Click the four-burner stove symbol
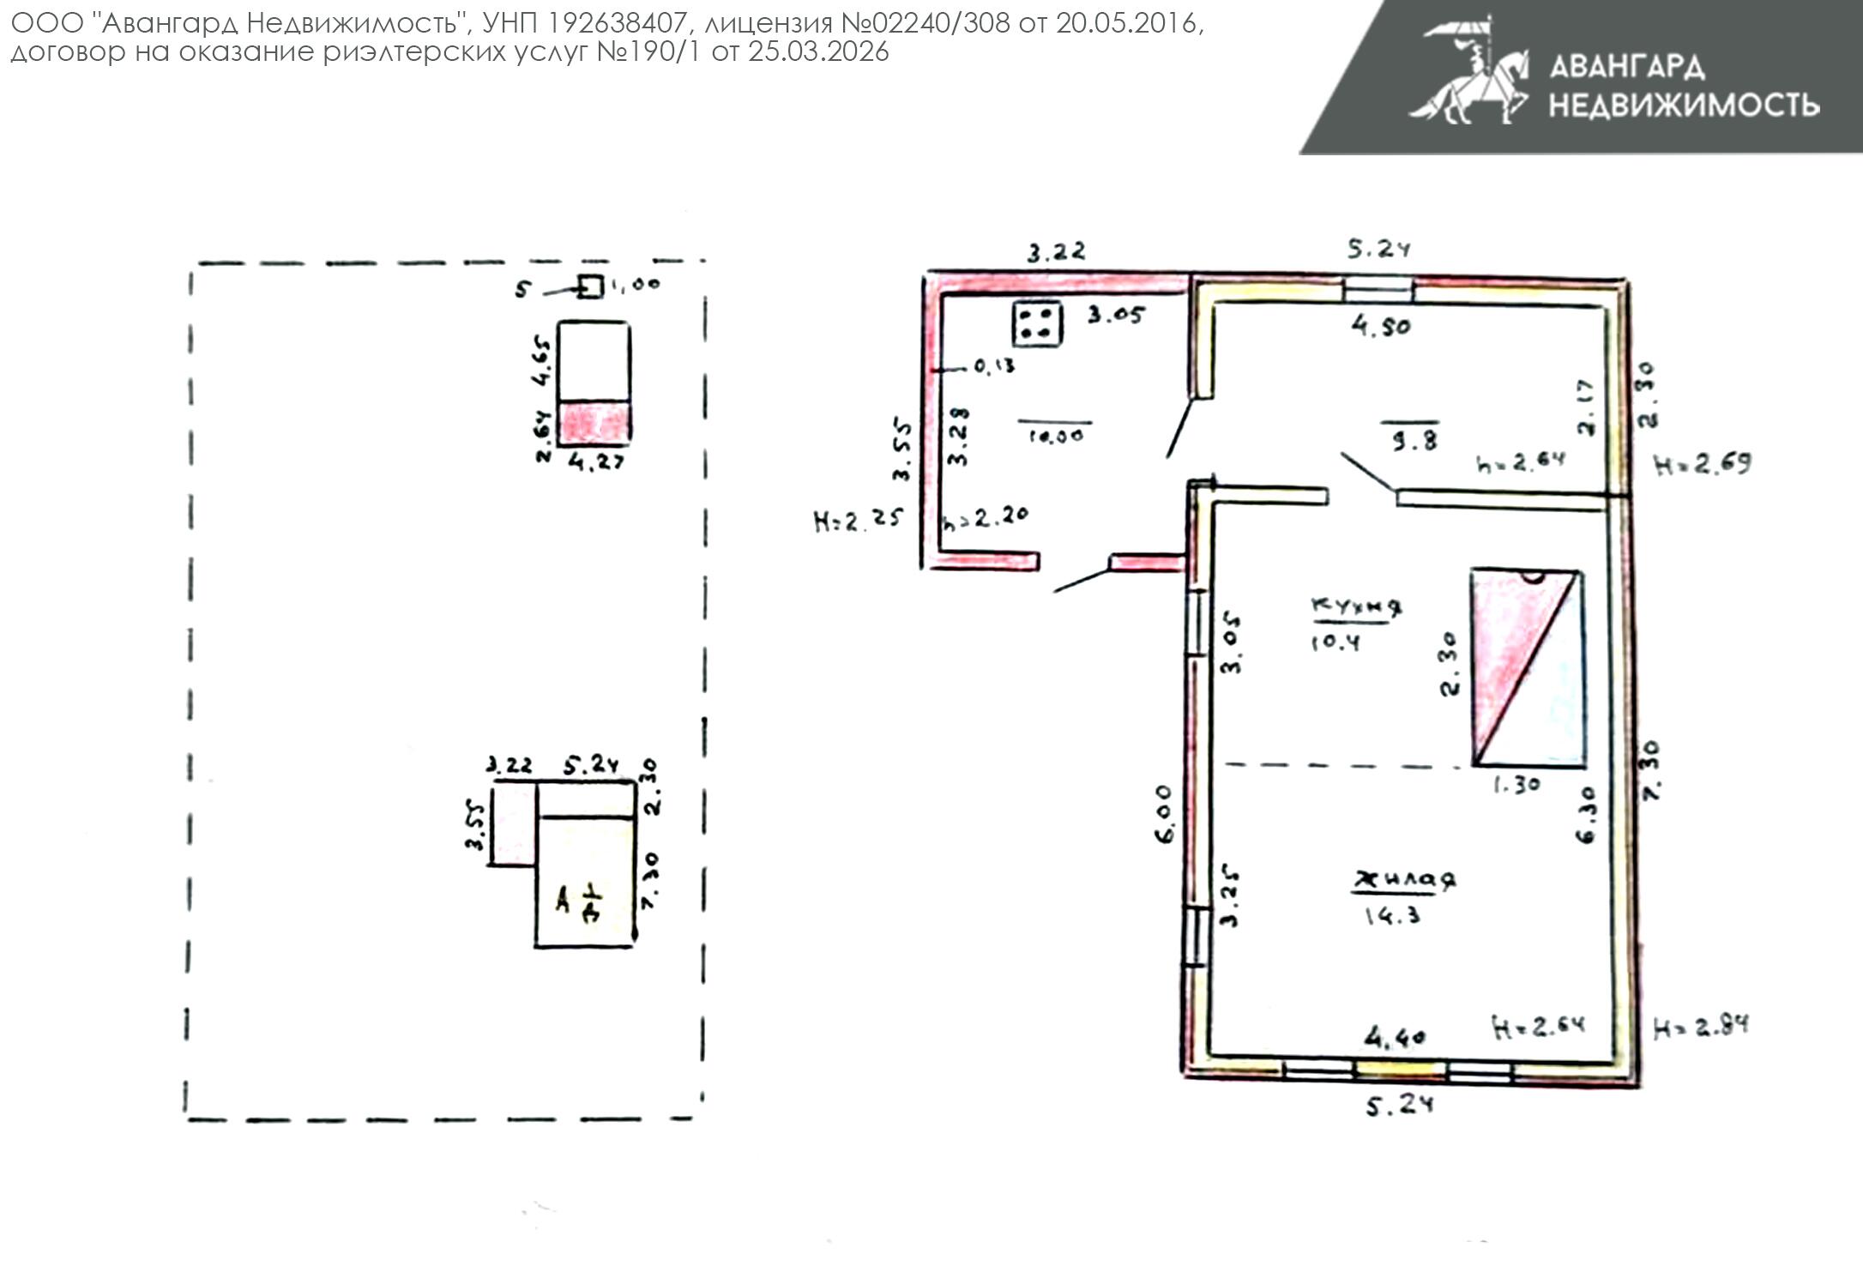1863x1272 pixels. (1037, 324)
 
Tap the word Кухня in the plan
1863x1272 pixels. (1356, 606)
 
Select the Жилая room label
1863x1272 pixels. (1404, 880)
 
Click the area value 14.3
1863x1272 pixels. (1391, 916)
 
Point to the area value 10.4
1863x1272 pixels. (1335, 642)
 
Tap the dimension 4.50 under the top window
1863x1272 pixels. (1380, 327)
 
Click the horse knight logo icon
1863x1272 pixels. (1469, 73)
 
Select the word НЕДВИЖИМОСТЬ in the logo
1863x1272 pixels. (1684, 105)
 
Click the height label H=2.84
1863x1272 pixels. (1700, 1027)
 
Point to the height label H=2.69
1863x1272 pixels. (1702, 465)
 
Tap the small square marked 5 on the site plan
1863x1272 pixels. (589, 286)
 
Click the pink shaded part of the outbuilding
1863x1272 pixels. (594, 422)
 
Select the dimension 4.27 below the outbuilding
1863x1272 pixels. (596, 463)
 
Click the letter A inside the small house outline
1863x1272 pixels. (563, 901)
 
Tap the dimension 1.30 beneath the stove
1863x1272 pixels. (1516, 785)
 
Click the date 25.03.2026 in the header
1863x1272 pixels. (817, 52)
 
